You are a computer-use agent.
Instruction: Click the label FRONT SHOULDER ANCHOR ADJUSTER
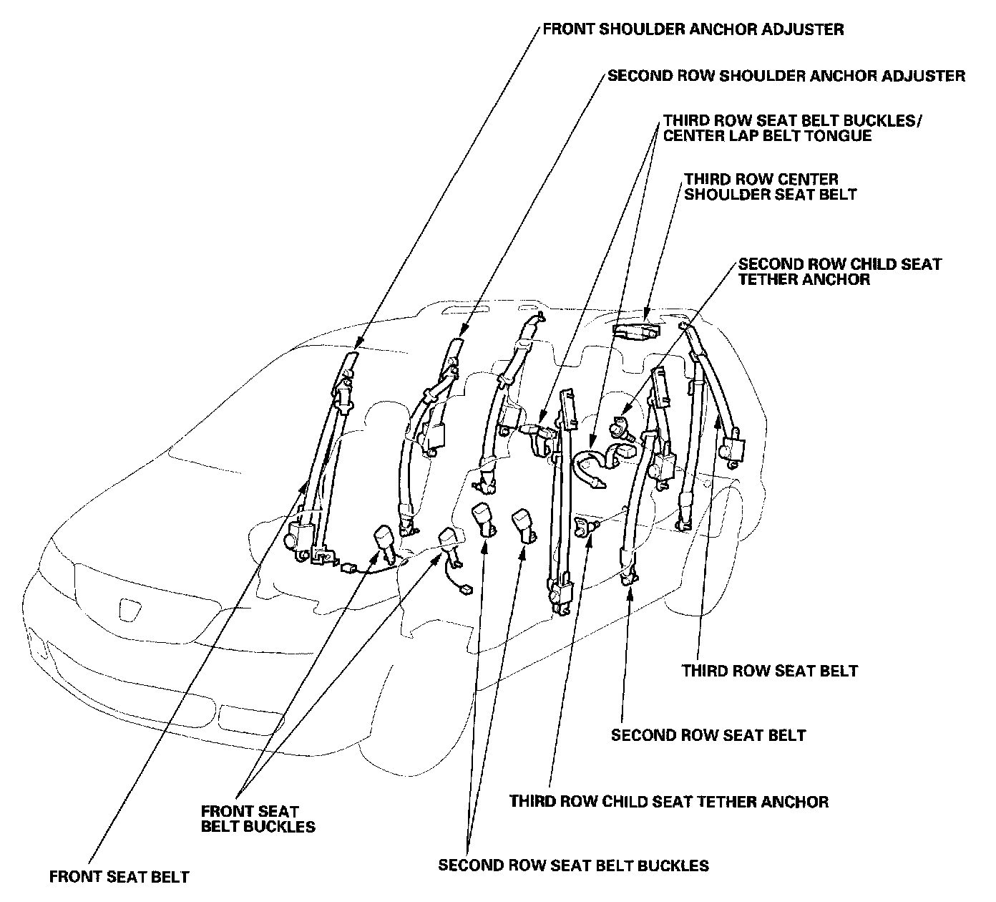point(693,29)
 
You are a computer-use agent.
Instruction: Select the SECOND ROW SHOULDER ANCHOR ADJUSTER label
point(786,75)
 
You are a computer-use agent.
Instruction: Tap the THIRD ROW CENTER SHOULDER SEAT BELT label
point(769,186)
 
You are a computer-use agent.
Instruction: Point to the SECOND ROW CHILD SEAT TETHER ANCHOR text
point(839,271)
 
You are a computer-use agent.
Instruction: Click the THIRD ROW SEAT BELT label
point(769,671)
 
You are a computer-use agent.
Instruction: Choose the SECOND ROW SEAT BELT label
point(708,735)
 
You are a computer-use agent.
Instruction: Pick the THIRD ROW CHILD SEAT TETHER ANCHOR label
point(668,801)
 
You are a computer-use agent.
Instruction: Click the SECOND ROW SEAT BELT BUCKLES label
point(573,865)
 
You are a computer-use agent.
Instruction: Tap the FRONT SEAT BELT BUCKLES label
point(258,819)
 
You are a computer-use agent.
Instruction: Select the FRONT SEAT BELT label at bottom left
point(119,876)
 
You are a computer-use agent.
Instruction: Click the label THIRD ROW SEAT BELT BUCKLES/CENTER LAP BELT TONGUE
point(791,127)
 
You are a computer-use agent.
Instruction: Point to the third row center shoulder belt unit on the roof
point(635,330)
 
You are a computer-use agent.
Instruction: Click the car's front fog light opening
point(241,715)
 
